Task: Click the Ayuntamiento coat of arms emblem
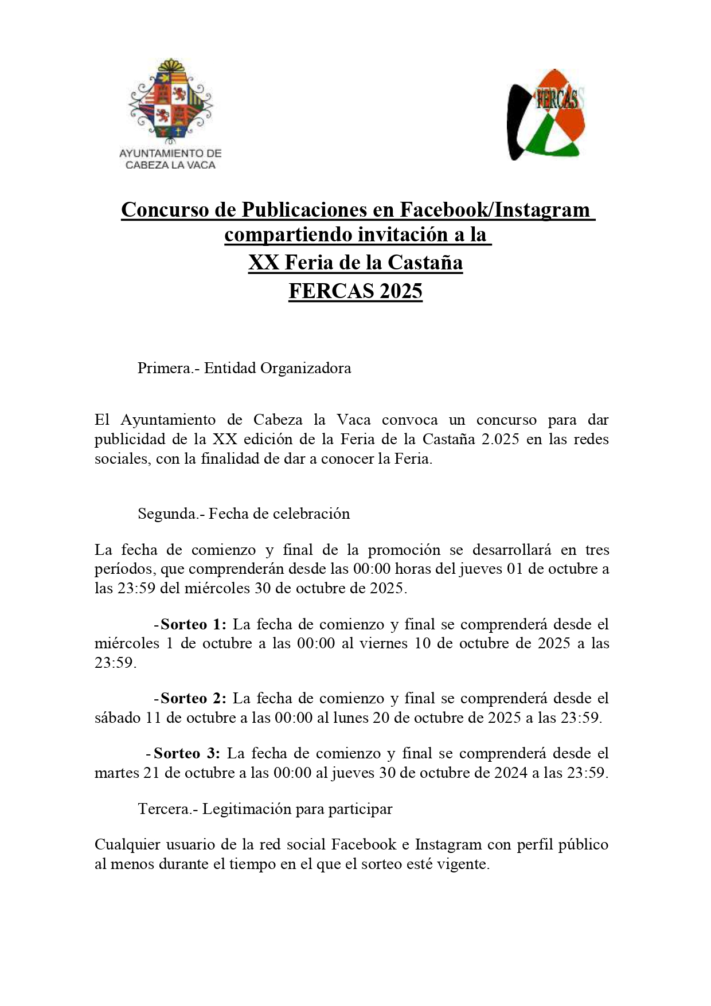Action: pyautogui.click(x=170, y=102)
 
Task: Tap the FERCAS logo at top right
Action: pyautogui.click(x=546, y=115)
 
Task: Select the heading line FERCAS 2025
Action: pyautogui.click(x=355, y=291)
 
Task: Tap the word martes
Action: pyautogui.click(x=117, y=773)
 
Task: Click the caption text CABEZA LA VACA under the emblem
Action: pyautogui.click(x=170, y=166)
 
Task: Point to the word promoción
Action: pyautogui.click(x=404, y=550)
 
